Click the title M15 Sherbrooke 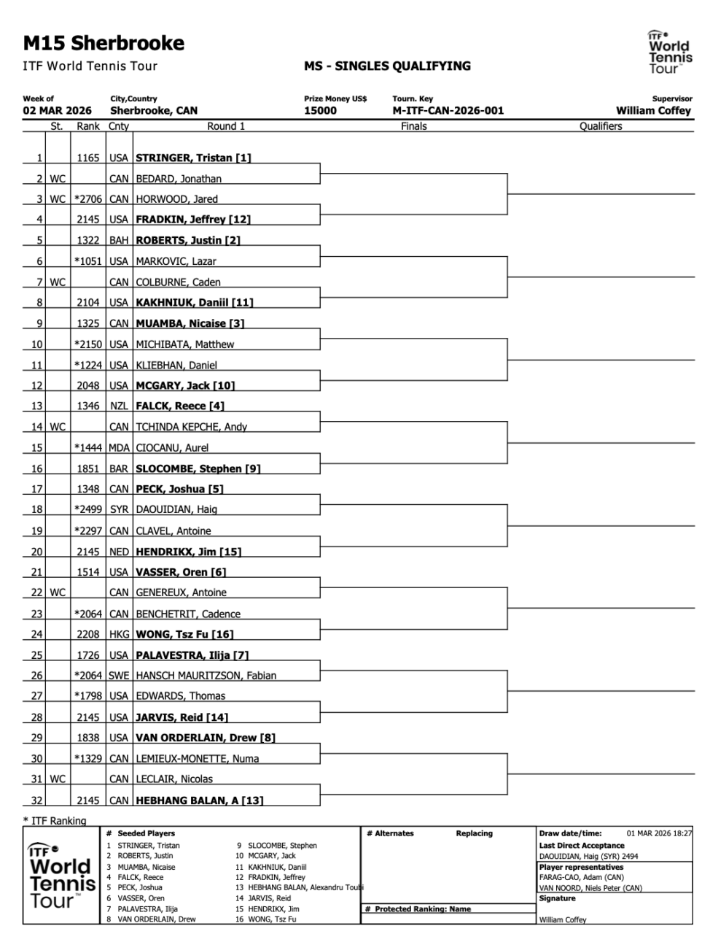104,44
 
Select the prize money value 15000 320,111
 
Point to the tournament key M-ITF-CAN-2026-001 448,111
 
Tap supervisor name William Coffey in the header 653,111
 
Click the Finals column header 413,126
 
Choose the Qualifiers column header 601,126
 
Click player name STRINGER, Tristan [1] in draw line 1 193,158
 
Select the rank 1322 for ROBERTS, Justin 88,240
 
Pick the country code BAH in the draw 119,240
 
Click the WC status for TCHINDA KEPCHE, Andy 58,427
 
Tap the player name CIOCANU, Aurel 172,448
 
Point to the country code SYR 119,509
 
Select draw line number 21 36,572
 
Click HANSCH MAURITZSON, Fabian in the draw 206,676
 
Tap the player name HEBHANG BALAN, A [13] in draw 199,800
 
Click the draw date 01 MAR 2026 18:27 659,833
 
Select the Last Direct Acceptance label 582,846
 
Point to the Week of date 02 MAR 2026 58,111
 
